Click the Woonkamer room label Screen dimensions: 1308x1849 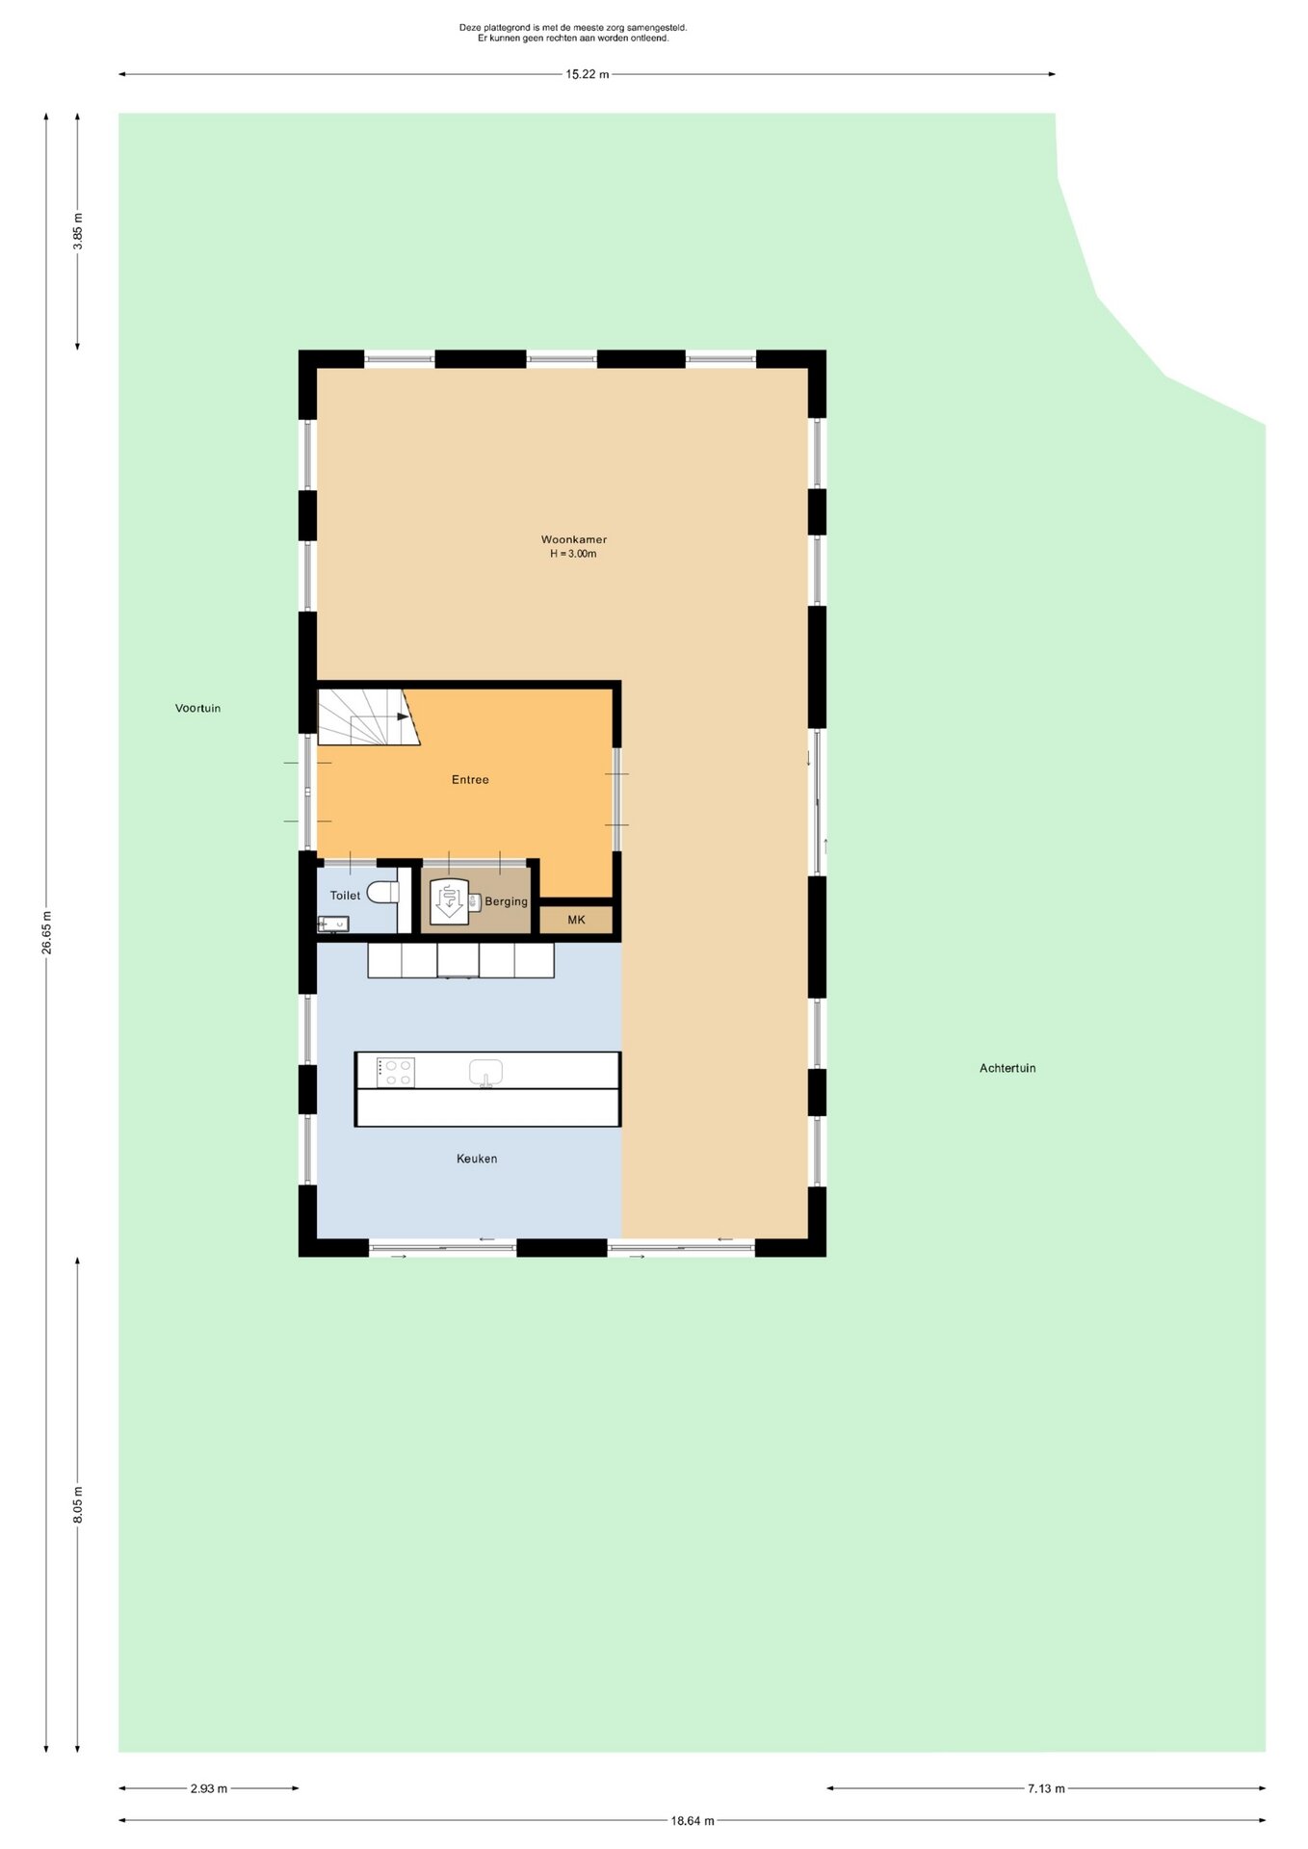tap(574, 539)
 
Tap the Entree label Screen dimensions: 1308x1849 tap(470, 780)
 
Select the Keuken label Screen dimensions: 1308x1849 tap(477, 1159)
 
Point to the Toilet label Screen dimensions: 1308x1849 tap(345, 896)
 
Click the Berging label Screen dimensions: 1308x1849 tap(506, 901)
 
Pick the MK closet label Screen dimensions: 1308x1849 tap(576, 920)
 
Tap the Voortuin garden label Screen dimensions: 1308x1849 tap(197, 708)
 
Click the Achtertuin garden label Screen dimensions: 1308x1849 tap(1007, 1068)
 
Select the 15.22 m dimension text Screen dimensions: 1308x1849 tap(587, 74)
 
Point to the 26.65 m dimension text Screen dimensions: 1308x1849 tap(46, 932)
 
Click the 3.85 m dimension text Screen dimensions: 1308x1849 tap(78, 231)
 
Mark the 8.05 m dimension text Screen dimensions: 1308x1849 tap(78, 1504)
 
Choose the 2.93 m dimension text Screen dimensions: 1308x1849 tap(209, 1788)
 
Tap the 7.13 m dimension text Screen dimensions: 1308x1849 tap(1046, 1788)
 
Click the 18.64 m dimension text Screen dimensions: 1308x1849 tap(693, 1820)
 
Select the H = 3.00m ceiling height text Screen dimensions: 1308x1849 tap(573, 554)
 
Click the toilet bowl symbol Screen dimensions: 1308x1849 tap(383, 892)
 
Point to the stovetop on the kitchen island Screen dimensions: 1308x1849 tap(395, 1073)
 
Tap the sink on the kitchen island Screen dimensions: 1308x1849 tap(486, 1073)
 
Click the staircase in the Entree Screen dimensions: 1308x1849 tap(368, 716)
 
